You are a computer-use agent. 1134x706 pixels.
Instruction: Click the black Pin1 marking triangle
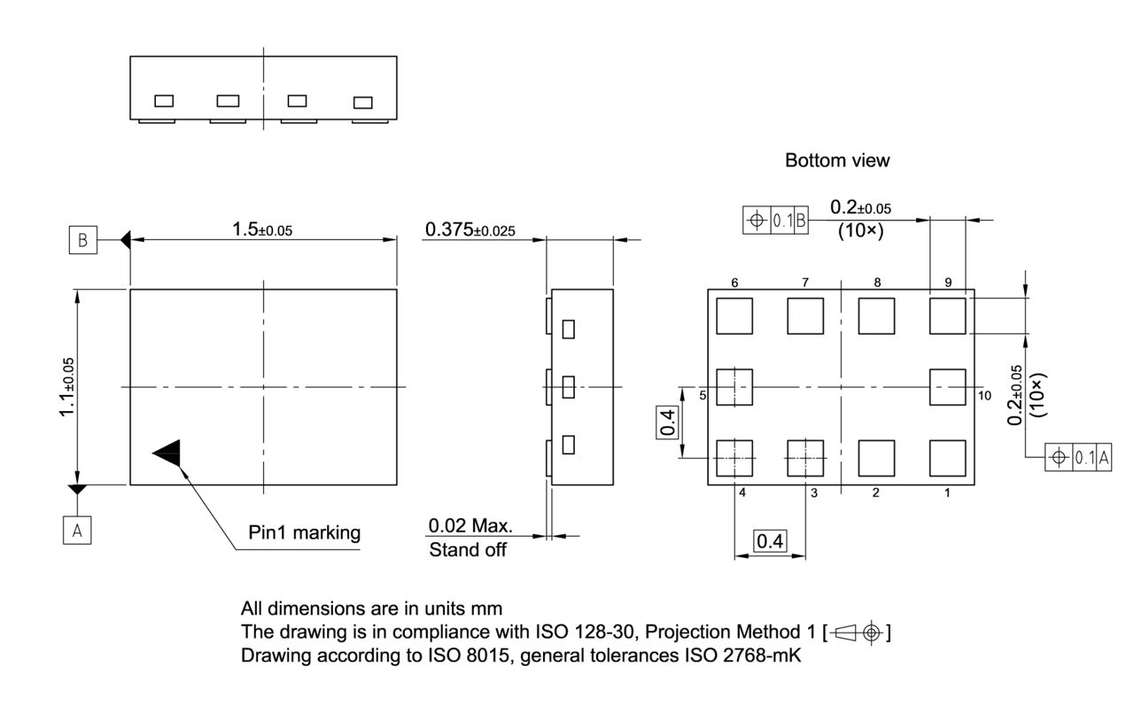pyautogui.click(x=169, y=453)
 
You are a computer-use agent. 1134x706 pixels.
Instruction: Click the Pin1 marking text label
pyautogui.click(x=305, y=532)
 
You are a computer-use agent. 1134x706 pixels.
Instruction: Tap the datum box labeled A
pyautogui.click(x=77, y=530)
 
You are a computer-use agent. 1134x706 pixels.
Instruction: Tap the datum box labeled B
pyautogui.click(x=82, y=241)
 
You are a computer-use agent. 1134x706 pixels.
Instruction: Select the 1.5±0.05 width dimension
pyautogui.click(x=262, y=229)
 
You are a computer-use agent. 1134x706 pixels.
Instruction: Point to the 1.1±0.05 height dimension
pyautogui.click(x=67, y=386)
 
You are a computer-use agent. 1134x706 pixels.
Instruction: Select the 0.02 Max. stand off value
pyautogui.click(x=470, y=525)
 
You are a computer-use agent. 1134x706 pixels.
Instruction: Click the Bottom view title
pyautogui.click(x=837, y=161)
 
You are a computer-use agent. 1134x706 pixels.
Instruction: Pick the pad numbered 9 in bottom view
pyautogui.click(x=947, y=316)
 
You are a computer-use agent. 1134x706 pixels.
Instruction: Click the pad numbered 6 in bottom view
pyautogui.click(x=734, y=316)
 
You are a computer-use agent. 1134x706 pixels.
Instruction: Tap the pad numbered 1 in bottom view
pyautogui.click(x=947, y=458)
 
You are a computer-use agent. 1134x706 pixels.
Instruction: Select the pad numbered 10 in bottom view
pyautogui.click(x=947, y=387)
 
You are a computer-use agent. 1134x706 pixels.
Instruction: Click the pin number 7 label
pyautogui.click(x=805, y=283)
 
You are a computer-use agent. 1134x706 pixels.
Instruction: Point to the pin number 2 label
pyautogui.click(x=875, y=493)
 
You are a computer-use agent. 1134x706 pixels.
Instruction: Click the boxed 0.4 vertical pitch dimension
pyautogui.click(x=668, y=423)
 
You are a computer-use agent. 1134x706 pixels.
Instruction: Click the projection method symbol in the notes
pyautogui.click(x=857, y=632)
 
